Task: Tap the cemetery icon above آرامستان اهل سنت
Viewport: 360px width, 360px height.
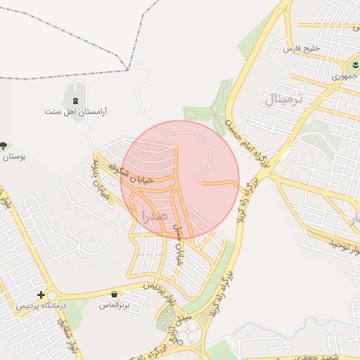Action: point(75,95)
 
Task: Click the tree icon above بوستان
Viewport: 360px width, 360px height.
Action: point(4,146)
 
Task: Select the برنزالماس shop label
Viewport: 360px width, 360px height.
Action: point(112,305)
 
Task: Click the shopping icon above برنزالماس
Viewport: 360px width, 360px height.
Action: point(115,294)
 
